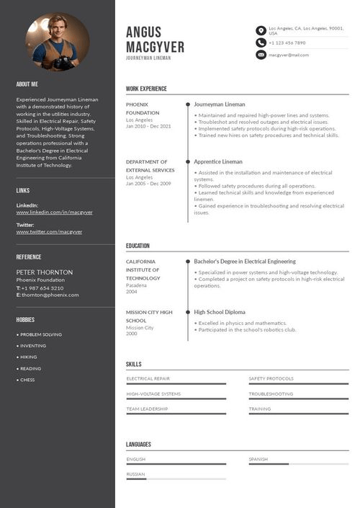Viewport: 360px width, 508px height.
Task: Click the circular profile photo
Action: pyautogui.click(x=58, y=41)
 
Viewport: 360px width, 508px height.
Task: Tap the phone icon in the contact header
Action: pyautogui.click(x=261, y=43)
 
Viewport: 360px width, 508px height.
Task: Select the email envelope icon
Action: pyautogui.click(x=261, y=55)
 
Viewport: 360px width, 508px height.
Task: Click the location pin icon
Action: pyautogui.click(x=261, y=30)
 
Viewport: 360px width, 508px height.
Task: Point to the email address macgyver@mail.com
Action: pyautogui.click(x=289, y=55)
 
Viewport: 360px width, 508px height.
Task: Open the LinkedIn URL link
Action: pyautogui.click(x=55, y=213)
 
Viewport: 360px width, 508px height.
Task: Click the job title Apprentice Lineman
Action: pyautogui.click(x=218, y=162)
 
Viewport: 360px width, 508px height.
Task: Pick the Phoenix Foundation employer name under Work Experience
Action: pyautogui.click(x=143, y=109)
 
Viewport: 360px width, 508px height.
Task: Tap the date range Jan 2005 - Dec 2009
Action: pyautogui.click(x=148, y=184)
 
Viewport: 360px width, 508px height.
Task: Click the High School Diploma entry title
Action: pyautogui.click(x=220, y=312)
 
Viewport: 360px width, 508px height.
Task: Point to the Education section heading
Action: pyautogui.click(x=138, y=246)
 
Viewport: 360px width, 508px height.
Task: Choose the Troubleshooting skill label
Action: pyautogui.click(x=271, y=394)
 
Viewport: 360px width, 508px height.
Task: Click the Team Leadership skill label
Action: pyautogui.click(x=147, y=409)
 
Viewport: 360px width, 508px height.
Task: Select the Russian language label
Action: pyautogui.click(x=135, y=474)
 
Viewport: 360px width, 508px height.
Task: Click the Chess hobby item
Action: pyautogui.click(x=27, y=380)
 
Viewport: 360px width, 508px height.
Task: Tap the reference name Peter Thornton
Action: pyautogui.click(x=45, y=272)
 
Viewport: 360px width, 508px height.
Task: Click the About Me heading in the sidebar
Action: pyautogui.click(x=27, y=84)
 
